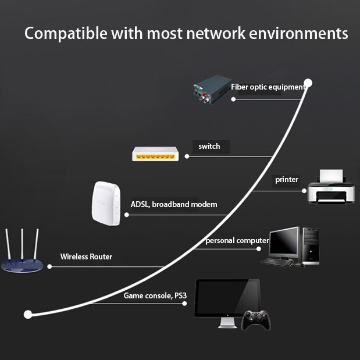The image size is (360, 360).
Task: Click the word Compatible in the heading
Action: coord(62,33)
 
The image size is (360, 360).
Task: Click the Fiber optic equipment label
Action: coord(268,87)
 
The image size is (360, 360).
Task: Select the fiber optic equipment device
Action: coord(212,89)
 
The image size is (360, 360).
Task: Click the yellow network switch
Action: coord(154,154)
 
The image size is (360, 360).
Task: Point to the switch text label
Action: coord(209,147)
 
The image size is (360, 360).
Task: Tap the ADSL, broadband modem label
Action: coord(174,205)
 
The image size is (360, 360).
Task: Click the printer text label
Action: coord(287,180)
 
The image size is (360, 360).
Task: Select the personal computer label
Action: coord(237,241)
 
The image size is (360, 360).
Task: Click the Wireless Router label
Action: coord(86,256)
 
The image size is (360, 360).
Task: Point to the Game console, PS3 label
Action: coord(155,296)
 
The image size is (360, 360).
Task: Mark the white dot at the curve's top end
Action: coord(308,83)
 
